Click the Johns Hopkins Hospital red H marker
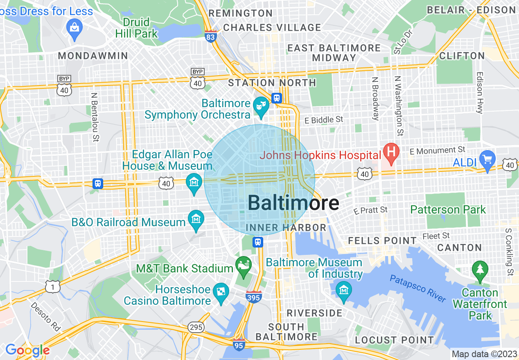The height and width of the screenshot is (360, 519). pos(391,152)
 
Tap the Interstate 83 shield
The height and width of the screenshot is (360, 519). pos(210,36)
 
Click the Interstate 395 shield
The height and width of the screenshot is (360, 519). pos(254,297)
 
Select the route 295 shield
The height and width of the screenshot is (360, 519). pos(196,327)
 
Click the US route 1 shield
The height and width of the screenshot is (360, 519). pos(53,287)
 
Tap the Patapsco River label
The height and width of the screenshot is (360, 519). pos(417,289)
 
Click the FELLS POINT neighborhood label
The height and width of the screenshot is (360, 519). pos(381,241)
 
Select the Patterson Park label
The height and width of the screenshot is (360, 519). pos(448,210)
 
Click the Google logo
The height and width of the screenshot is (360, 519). pos(27,350)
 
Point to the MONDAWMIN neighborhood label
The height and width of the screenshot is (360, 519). pos(93,56)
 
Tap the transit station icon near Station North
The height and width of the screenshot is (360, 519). pos(277,98)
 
